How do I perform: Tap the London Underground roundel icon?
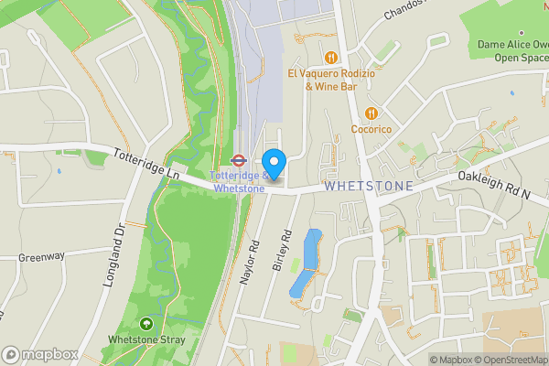click(239, 158)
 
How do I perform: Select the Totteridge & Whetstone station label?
click(239, 182)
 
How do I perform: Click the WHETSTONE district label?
click(369, 186)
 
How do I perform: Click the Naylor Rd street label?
click(250, 264)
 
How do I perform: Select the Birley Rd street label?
click(281, 249)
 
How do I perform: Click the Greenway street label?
click(41, 256)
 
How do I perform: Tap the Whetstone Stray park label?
click(147, 340)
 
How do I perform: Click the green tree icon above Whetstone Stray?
click(146, 324)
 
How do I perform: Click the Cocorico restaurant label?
click(371, 129)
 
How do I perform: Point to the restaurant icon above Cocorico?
click(371, 113)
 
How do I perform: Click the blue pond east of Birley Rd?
click(307, 263)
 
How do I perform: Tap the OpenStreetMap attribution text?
click(508, 360)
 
